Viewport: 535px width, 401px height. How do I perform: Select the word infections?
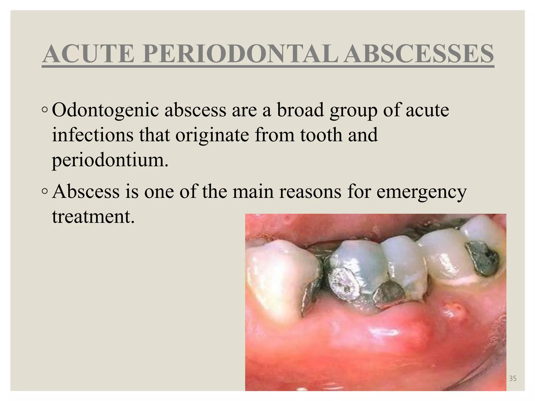pyautogui.click(x=93, y=135)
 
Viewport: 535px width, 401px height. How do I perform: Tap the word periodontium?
pyautogui.click(x=110, y=160)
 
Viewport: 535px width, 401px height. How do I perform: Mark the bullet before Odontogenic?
pyautogui.click(x=45, y=110)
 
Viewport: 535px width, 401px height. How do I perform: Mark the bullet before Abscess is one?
pyautogui.click(x=45, y=192)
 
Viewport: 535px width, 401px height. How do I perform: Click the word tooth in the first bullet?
pyautogui.click(x=321, y=135)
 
